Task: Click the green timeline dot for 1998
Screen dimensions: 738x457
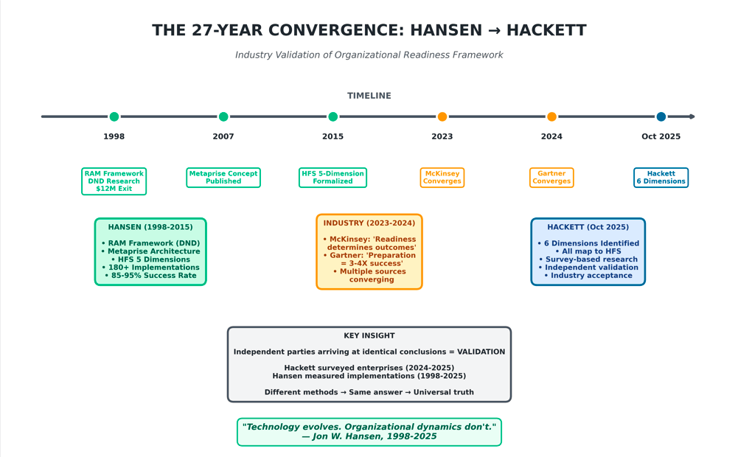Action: [x=114, y=116]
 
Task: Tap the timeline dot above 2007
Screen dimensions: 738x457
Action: [x=223, y=116]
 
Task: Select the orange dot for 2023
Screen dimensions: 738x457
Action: [x=442, y=116]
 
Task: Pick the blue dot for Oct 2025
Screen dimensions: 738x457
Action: [x=661, y=116]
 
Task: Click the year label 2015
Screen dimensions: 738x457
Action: [x=333, y=136]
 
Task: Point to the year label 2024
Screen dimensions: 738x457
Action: [x=551, y=136]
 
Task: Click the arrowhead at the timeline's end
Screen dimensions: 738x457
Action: [x=692, y=116]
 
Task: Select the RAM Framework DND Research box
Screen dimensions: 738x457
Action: [x=114, y=181]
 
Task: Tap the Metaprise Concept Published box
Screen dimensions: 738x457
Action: [x=223, y=178]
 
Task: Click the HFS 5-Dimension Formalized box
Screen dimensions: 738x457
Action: [x=333, y=178]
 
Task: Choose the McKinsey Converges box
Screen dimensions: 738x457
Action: [x=442, y=178]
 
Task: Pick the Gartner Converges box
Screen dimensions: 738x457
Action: [x=551, y=178]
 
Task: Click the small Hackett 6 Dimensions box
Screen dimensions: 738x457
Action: [x=661, y=178]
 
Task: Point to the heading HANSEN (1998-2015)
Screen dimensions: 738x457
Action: [x=150, y=227]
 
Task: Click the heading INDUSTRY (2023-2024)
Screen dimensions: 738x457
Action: [x=369, y=223]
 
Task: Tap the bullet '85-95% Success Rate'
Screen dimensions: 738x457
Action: [x=150, y=276]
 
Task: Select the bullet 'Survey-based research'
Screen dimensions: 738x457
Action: [x=588, y=259]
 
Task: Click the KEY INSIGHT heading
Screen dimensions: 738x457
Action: [x=369, y=335]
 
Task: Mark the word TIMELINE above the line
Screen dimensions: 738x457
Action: [x=369, y=96]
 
